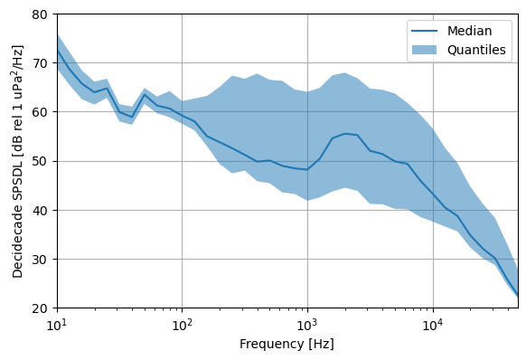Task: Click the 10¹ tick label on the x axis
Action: pos(57,324)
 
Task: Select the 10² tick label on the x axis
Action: pos(182,324)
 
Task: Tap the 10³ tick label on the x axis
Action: pos(307,324)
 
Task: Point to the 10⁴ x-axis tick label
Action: pos(432,324)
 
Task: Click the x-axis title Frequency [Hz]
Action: pos(286,344)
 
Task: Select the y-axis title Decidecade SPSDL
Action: pos(17,161)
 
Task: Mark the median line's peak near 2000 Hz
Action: pos(344,134)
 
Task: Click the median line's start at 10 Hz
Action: pos(57,50)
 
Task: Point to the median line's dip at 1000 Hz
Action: pos(307,169)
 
